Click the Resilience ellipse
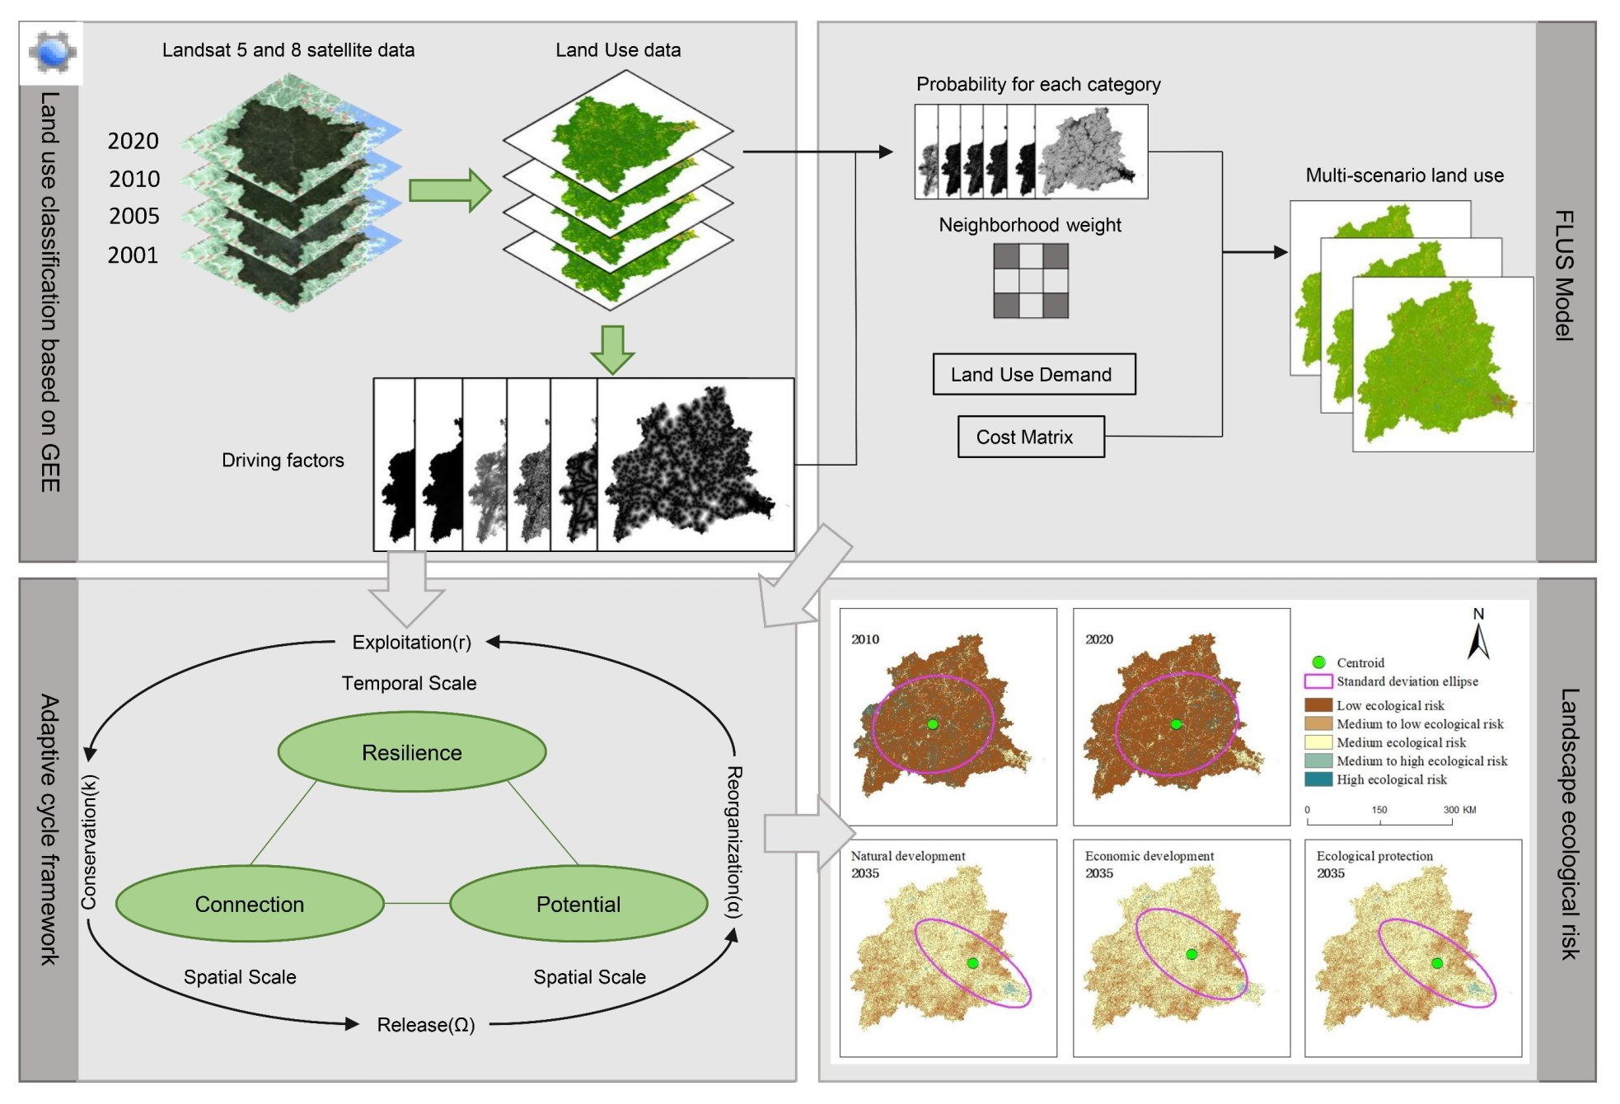(x=411, y=752)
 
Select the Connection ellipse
(x=250, y=904)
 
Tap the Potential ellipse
(x=578, y=904)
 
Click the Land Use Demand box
(x=1033, y=374)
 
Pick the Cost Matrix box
(x=1030, y=437)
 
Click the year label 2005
(x=134, y=216)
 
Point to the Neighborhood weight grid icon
(x=1030, y=280)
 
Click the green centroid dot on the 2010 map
(x=932, y=724)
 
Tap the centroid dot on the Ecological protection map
(x=1436, y=962)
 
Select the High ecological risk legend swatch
(x=1318, y=779)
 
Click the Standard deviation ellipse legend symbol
(x=1318, y=681)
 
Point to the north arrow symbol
(x=1478, y=640)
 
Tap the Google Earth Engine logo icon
(x=51, y=52)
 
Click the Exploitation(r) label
(x=411, y=642)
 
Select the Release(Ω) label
(x=425, y=1024)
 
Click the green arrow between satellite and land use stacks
(x=449, y=190)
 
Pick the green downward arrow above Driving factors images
(x=612, y=349)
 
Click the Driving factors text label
(x=283, y=460)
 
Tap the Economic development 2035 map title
(x=1149, y=856)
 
